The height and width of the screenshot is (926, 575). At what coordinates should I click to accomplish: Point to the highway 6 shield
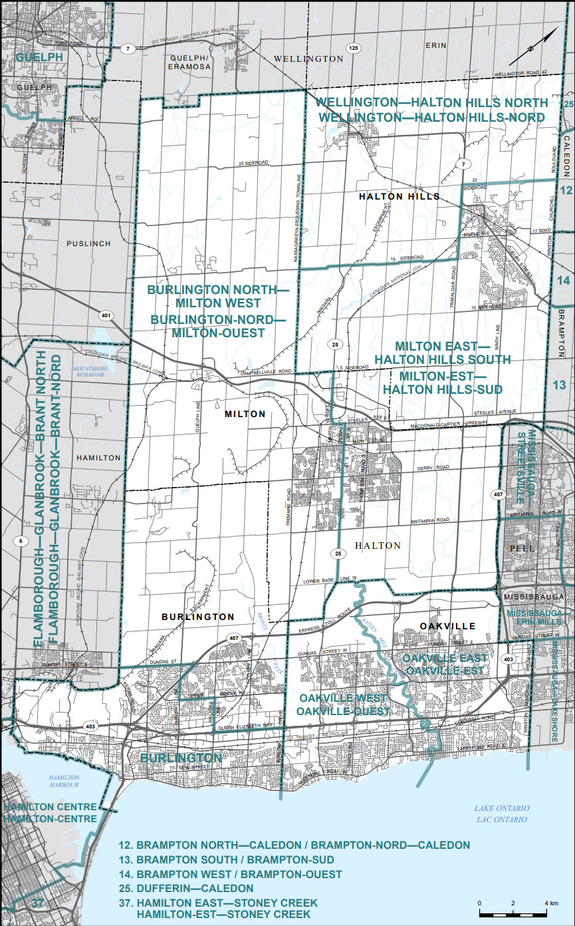click(21, 541)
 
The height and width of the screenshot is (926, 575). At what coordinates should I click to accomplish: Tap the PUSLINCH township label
click(88, 244)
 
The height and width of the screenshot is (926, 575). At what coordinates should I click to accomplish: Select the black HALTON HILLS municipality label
click(399, 196)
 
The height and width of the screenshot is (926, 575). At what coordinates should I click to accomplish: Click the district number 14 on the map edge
click(564, 281)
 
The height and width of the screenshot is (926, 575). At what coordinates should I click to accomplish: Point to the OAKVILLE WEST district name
click(342, 698)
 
